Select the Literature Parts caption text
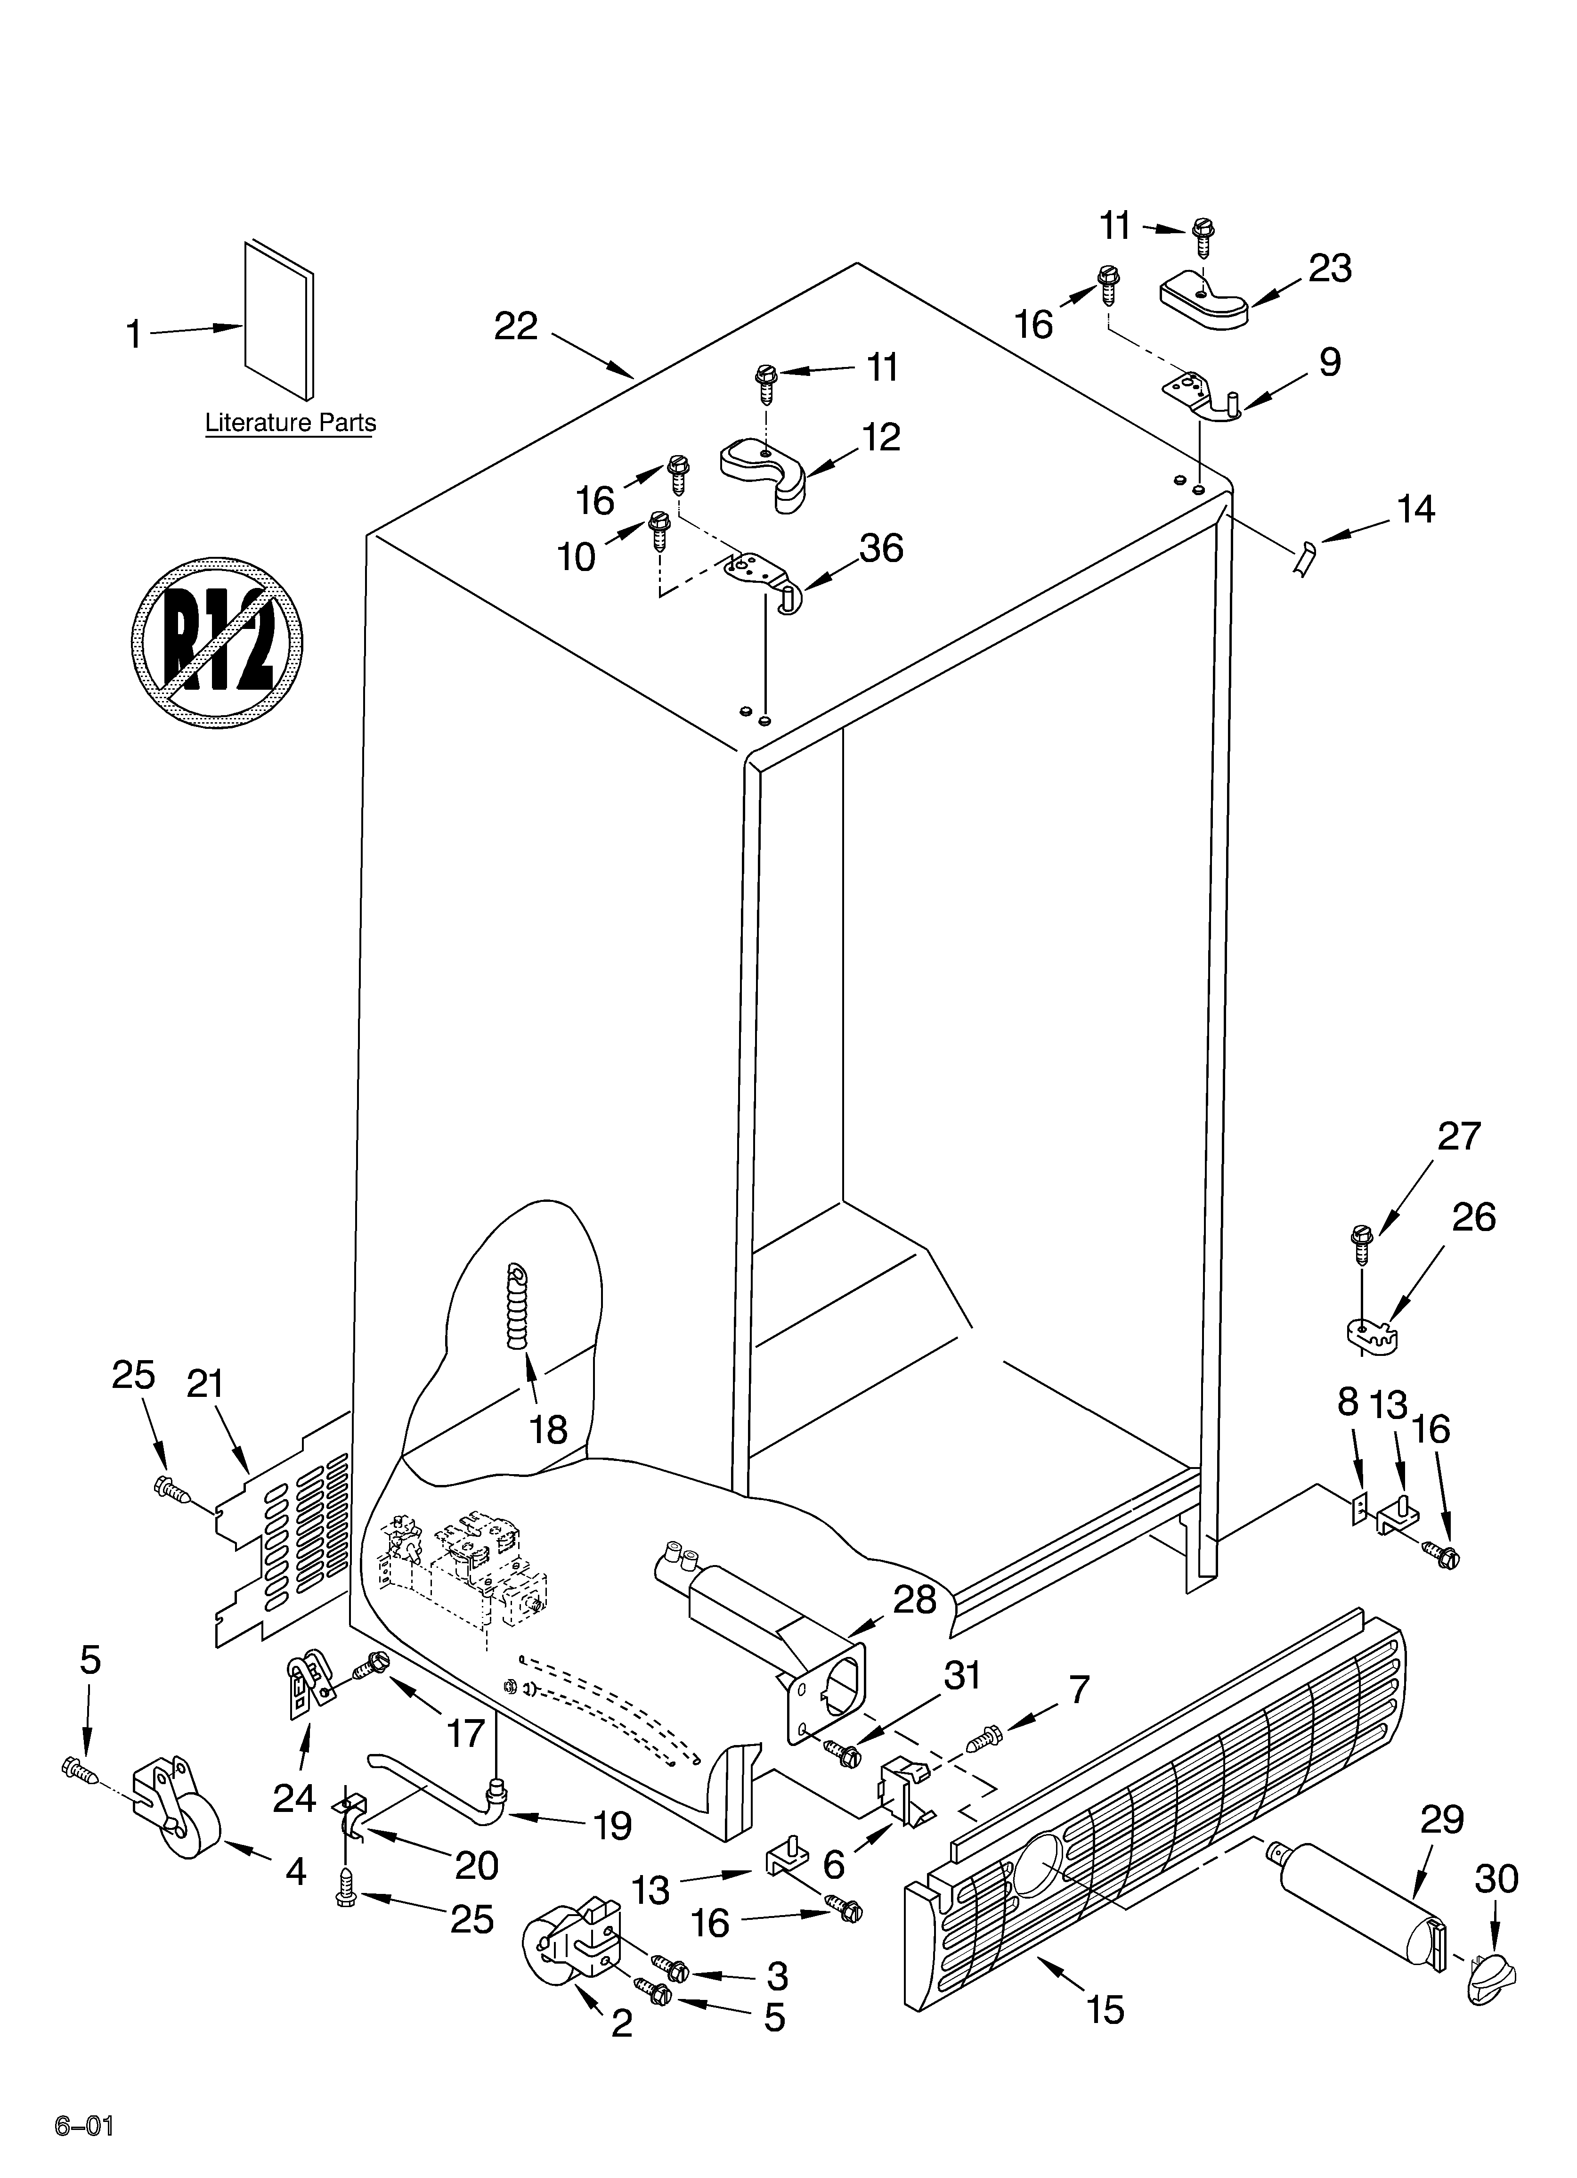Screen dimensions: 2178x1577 pos(290,423)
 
